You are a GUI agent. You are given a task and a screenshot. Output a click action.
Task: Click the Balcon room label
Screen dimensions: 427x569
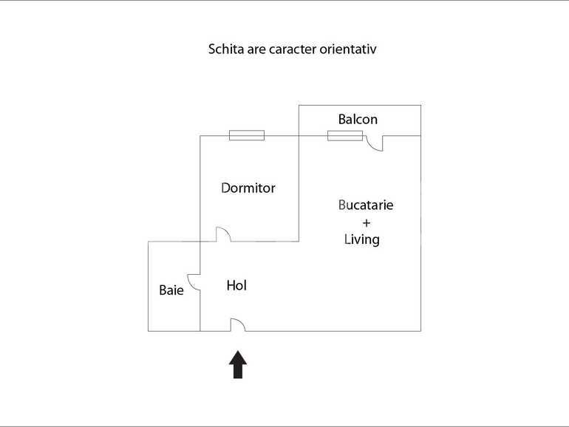coord(358,119)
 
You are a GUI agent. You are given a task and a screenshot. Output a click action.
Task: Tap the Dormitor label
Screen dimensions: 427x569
coord(248,188)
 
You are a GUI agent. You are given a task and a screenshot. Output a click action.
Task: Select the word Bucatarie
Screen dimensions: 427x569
coord(366,205)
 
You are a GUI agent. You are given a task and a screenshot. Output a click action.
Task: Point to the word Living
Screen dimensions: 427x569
coord(362,239)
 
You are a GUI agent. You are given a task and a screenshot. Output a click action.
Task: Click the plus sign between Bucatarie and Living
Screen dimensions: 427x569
coord(365,222)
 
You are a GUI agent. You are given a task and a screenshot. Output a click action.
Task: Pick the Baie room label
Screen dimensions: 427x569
coord(171,290)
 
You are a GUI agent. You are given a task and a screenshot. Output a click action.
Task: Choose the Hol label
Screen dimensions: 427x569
coord(236,285)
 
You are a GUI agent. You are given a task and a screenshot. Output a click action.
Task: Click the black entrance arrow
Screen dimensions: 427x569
coord(237,363)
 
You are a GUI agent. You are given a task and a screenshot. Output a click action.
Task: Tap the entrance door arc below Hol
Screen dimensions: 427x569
coord(238,324)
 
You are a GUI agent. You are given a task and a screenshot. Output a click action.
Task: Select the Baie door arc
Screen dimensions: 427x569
coord(194,282)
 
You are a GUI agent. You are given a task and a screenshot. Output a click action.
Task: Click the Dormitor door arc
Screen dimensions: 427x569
coord(222,234)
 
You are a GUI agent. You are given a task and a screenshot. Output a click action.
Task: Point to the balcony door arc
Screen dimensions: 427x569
coord(375,143)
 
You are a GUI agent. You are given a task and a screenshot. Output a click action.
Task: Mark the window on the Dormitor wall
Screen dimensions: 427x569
coord(246,135)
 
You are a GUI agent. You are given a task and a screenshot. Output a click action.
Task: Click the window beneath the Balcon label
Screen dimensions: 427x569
coord(345,135)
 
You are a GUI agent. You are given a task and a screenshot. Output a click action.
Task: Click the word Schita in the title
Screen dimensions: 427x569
coord(225,50)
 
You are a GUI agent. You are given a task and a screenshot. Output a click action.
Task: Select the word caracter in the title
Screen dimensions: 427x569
coord(295,50)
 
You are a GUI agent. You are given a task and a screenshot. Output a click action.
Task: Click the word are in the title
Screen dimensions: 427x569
coord(256,50)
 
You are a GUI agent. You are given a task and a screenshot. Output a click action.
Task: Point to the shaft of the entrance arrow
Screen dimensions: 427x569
coord(237,370)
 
